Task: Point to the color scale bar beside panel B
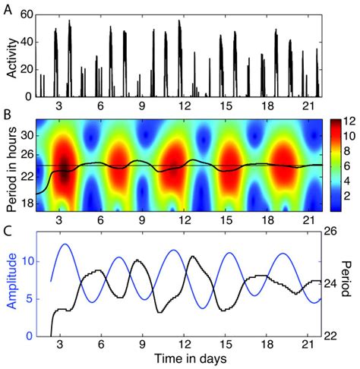[331, 163]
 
